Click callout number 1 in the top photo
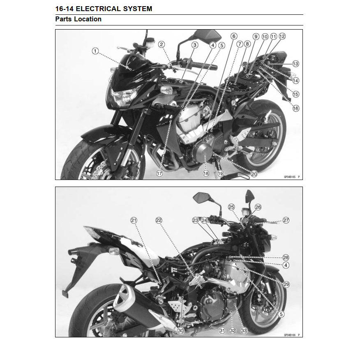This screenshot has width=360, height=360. pos(95,51)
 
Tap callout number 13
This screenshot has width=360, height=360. pos(296,64)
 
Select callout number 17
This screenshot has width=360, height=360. pos(159,173)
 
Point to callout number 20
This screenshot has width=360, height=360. pos(254,174)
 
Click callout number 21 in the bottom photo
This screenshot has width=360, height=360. pos(134,220)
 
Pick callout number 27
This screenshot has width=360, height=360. pos(286,220)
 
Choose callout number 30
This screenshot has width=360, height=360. pos(181,330)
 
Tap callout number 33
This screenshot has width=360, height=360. pos(244,330)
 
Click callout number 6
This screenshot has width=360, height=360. pos(234,36)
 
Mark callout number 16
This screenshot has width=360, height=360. pos(296,108)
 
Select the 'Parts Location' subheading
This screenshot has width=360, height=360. pos(78,19)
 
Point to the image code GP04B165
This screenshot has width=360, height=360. pos(289,177)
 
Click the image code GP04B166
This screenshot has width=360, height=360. pos(289,335)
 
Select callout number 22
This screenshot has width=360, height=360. pos(159,220)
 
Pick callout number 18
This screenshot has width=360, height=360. pos(206,173)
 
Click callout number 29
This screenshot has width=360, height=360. pos(286,284)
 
